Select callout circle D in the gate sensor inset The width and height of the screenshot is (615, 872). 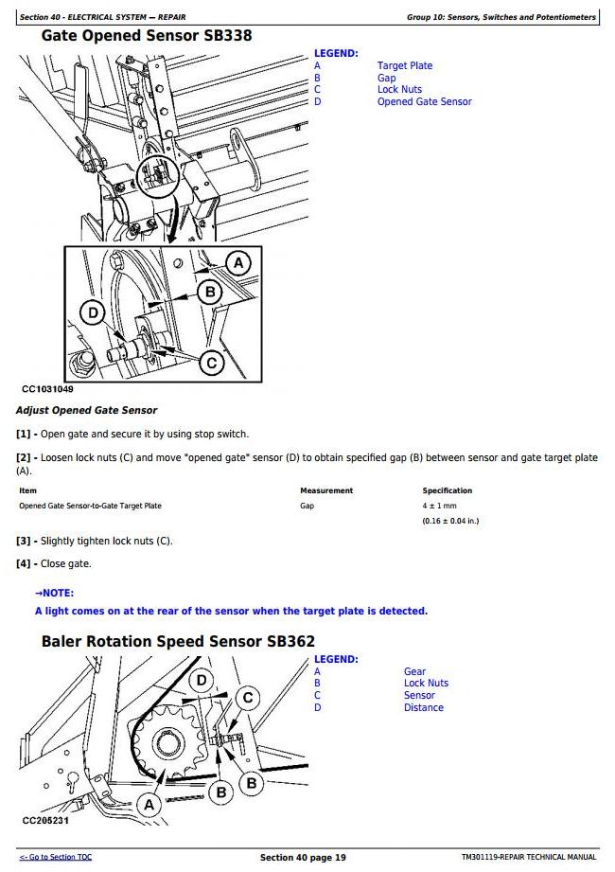(93, 313)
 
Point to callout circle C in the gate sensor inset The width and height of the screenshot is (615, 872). (212, 362)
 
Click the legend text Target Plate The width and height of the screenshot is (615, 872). (405, 65)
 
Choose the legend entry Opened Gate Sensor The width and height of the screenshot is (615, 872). (424, 102)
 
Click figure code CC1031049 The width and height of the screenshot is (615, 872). (47, 389)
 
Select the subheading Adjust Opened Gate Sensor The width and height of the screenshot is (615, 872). (86, 410)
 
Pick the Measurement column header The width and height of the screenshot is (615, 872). (326, 490)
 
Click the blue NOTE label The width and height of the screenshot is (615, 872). (57, 594)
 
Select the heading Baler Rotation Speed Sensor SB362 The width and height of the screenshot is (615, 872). (178, 641)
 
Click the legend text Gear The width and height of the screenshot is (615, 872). (414, 671)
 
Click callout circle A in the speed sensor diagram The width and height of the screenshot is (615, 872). (148, 804)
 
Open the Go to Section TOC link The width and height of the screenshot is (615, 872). (56, 857)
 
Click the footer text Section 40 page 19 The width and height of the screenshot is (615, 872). (303, 858)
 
